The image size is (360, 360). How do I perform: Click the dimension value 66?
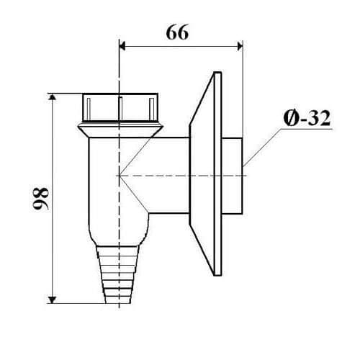tap(177, 32)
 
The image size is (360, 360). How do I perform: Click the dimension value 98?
tap(41, 199)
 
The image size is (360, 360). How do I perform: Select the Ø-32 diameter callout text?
tap(307, 118)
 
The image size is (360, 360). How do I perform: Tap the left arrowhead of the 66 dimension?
tap(122, 46)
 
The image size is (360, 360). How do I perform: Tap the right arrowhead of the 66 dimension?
tap(240, 46)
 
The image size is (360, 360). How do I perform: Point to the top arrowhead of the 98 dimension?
tap(53, 97)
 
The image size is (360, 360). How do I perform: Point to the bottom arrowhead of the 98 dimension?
tap(53, 300)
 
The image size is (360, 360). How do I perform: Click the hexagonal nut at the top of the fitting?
tap(120, 107)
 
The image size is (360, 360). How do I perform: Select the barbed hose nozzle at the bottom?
tap(118, 274)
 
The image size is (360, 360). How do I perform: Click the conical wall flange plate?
tap(205, 174)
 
